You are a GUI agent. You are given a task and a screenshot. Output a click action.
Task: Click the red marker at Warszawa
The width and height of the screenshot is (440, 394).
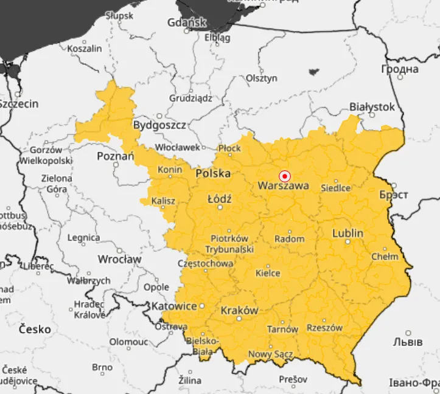(284, 176)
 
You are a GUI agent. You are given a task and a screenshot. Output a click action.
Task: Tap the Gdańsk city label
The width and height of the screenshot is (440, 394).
(187, 23)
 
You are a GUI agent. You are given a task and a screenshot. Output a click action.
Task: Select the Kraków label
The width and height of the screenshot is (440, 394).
(239, 310)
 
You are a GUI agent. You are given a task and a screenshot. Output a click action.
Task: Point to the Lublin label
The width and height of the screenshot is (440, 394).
(347, 233)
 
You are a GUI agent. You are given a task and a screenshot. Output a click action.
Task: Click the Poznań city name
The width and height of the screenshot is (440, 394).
(115, 156)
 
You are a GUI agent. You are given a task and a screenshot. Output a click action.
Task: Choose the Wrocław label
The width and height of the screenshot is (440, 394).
(119, 259)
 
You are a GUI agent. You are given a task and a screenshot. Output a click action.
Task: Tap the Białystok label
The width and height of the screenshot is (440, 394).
(372, 107)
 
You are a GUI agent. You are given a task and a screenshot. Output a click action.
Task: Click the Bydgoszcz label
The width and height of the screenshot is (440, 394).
(159, 125)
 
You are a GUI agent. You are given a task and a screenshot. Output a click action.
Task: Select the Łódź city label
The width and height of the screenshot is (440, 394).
(220, 199)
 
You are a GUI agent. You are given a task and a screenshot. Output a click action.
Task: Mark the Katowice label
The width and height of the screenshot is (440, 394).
(174, 306)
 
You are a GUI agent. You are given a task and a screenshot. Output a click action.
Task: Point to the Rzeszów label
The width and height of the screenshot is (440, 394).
(324, 328)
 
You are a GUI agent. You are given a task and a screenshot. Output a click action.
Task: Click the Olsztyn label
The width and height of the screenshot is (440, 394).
(262, 78)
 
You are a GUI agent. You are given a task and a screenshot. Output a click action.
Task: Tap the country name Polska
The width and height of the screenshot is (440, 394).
(213, 173)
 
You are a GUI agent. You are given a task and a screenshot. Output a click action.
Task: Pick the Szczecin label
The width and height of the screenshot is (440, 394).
(19, 104)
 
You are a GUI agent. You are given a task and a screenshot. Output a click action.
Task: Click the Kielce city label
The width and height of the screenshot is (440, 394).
(268, 273)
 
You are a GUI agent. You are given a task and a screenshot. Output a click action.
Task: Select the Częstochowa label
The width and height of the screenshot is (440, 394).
(204, 264)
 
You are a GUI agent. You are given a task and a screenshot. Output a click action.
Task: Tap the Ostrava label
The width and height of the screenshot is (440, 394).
(170, 327)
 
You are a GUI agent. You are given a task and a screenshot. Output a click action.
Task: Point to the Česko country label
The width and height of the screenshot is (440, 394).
(35, 329)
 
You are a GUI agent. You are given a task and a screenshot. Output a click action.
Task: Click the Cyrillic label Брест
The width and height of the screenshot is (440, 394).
(393, 196)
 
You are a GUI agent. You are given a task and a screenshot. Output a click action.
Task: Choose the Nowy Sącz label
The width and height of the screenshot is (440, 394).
(270, 354)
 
